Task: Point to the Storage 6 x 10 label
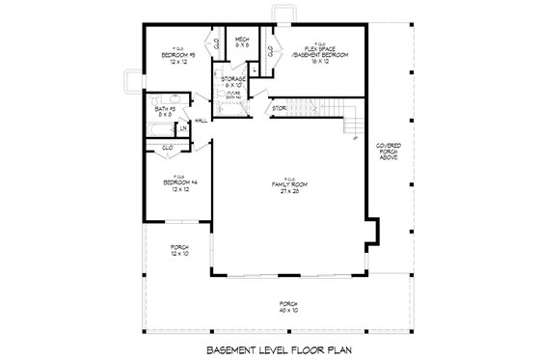pos(234,80)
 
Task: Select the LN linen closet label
pos(183,128)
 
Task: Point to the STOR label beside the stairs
pos(280,108)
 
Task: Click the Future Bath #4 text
pos(233,95)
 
